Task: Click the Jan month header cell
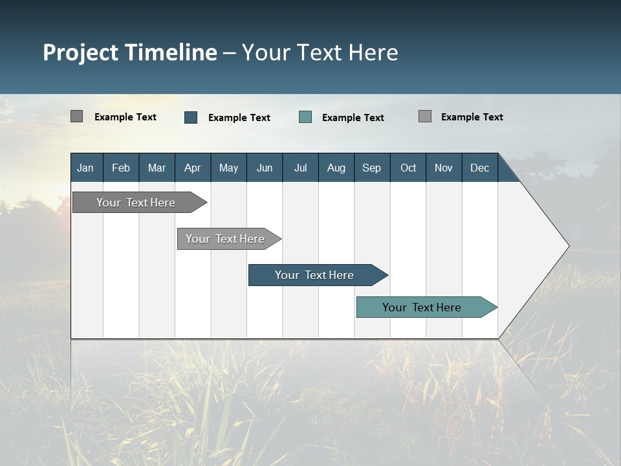[x=85, y=168]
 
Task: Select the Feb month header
[x=121, y=168]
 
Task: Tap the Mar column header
[x=157, y=168]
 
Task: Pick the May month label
[x=228, y=168]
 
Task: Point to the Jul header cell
[x=300, y=168]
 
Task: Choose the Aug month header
[x=336, y=168]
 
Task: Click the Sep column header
[x=371, y=168]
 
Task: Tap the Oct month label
[x=408, y=168]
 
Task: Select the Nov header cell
[x=444, y=168]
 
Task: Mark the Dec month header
[x=479, y=168]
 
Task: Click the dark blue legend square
[x=191, y=117]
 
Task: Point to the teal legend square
[x=305, y=117]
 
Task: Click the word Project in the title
[x=80, y=52]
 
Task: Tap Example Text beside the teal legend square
[x=353, y=118]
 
